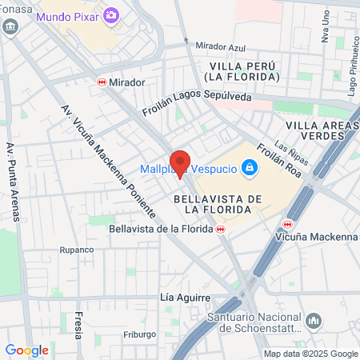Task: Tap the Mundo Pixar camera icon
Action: (111, 15)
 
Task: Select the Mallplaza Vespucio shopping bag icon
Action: (250, 167)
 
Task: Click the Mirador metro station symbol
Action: (102, 82)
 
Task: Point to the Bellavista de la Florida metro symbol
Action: (220, 229)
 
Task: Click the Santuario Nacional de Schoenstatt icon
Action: (314, 321)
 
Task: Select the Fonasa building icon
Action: (10, 26)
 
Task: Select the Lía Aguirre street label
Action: (178, 298)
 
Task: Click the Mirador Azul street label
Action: (214, 47)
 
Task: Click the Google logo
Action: (26, 350)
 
